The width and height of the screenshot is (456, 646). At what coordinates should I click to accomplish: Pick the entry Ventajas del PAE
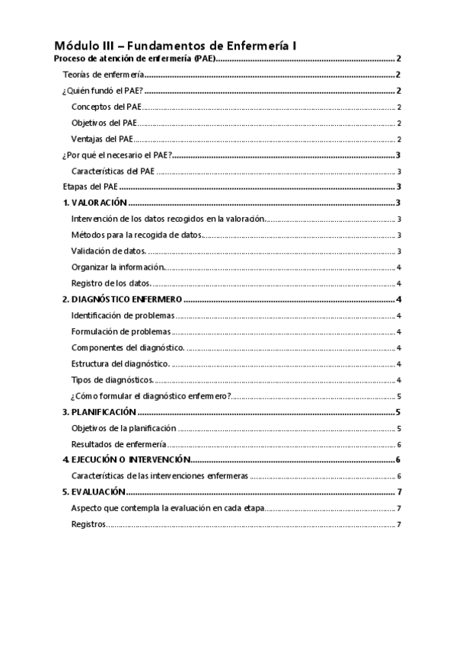103,139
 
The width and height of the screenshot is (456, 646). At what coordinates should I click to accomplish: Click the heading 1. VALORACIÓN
94,203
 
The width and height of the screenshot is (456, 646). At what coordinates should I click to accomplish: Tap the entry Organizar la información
117,267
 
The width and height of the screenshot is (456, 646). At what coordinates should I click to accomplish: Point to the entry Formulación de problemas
120,332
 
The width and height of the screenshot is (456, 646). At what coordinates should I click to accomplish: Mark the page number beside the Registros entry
399,525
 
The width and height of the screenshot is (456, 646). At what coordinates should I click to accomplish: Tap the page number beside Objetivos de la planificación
399,428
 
